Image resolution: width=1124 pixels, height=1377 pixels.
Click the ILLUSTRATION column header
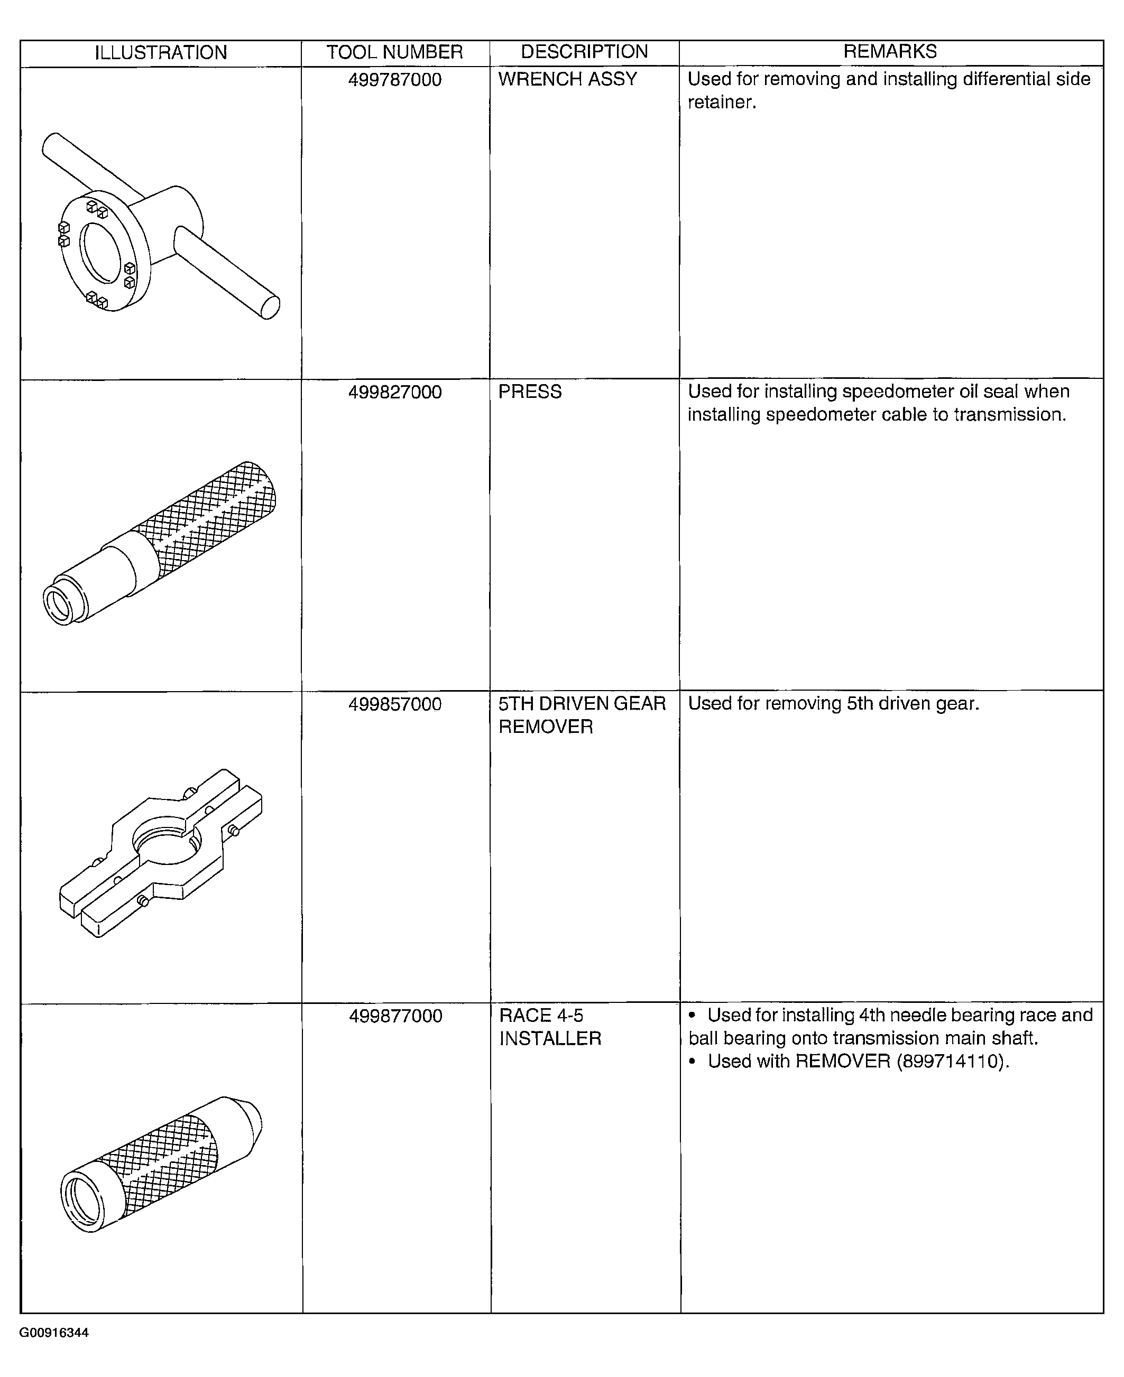pyautogui.click(x=161, y=52)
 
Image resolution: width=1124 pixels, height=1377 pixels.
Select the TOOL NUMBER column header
pyautogui.click(x=394, y=52)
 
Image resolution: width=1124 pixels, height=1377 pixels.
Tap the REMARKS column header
pyautogui.click(x=890, y=52)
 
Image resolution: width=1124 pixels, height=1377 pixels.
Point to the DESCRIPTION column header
pyautogui.click(x=584, y=52)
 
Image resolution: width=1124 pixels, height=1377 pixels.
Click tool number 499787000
pyautogui.click(x=395, y=80)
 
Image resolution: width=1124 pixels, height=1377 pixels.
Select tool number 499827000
pyautogui.click(x=395, y=393)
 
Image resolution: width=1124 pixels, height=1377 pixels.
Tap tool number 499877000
pyautogui.click(x=395, y=1017)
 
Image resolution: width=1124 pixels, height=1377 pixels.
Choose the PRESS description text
pyautogui.click(x=530, y=392)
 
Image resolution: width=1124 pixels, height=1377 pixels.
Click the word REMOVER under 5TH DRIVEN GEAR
pyautogui.click(x=545, y=727)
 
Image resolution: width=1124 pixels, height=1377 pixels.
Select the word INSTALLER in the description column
pyautogui.click(x=550, y=1039)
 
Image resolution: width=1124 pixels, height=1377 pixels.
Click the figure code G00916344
pyautogui.click(x=54, y=1333)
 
